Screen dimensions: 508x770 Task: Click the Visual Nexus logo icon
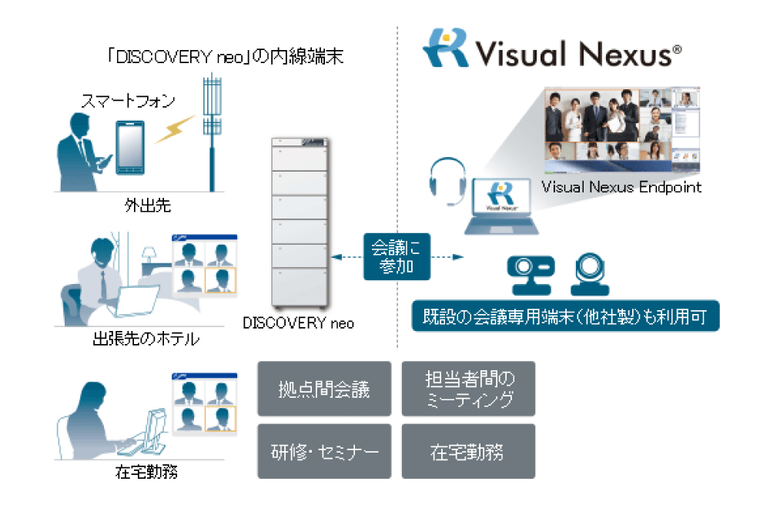(x=444, y=48)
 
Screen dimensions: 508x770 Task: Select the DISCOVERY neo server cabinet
(x=301, y=223)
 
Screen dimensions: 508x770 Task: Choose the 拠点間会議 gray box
(x=324, y=389)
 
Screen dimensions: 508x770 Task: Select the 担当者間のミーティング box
(x=468, y=389)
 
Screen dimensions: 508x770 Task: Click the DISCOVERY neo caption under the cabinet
(x=298, y=323)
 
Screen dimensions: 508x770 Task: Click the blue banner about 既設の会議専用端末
(x=565, y=316)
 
